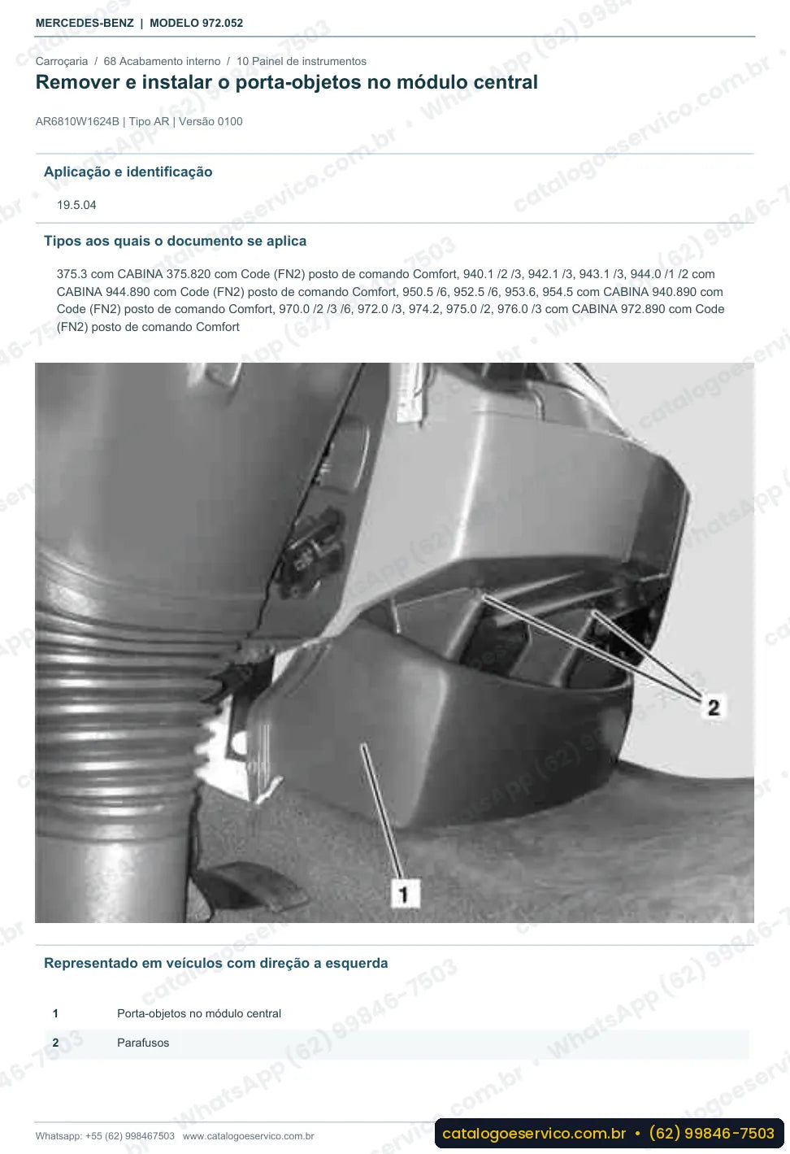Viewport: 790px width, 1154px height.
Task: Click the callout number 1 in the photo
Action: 404,895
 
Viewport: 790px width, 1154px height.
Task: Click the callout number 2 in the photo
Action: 714,708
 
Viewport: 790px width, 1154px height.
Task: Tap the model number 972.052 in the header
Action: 223,24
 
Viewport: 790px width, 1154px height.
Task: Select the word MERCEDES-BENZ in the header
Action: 85,24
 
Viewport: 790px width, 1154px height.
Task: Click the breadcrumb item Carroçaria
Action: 62,61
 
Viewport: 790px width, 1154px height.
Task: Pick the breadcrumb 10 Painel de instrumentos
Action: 302,61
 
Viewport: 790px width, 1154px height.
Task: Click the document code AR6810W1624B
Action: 77,122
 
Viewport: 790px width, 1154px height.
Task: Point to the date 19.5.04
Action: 76,205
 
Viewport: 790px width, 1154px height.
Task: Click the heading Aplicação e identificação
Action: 128,172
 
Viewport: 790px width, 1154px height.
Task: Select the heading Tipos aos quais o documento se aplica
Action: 175,241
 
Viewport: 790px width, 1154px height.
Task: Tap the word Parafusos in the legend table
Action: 143,1043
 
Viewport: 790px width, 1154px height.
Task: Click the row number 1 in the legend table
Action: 55,1013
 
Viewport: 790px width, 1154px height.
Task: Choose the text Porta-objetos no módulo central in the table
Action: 199,1013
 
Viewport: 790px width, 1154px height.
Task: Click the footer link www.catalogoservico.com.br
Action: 248,1136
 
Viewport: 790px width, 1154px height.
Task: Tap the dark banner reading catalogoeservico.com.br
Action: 610,1134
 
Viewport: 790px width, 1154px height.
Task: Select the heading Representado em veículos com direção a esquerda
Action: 215,963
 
